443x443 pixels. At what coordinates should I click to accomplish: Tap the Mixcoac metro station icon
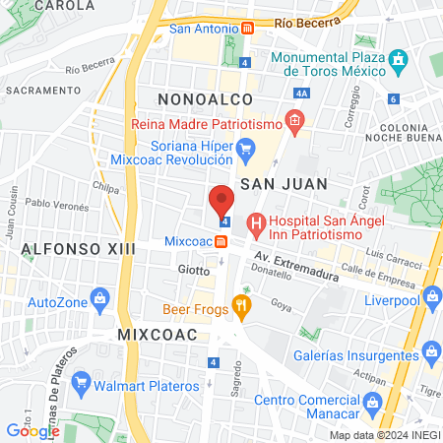[221, 241]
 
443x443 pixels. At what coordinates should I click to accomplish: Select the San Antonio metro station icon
[248, 28]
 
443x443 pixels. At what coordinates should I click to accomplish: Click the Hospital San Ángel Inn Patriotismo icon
[256, 223]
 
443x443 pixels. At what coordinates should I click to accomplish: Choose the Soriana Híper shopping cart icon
[247, 150]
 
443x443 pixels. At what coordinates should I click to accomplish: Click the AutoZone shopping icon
[98, 298]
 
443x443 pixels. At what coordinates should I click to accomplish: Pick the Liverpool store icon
[430, 297]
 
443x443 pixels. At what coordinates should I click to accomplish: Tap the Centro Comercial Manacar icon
[372, 402]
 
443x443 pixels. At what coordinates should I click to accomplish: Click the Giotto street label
[193, 268]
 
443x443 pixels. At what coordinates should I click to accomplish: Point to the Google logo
[32, 430]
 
